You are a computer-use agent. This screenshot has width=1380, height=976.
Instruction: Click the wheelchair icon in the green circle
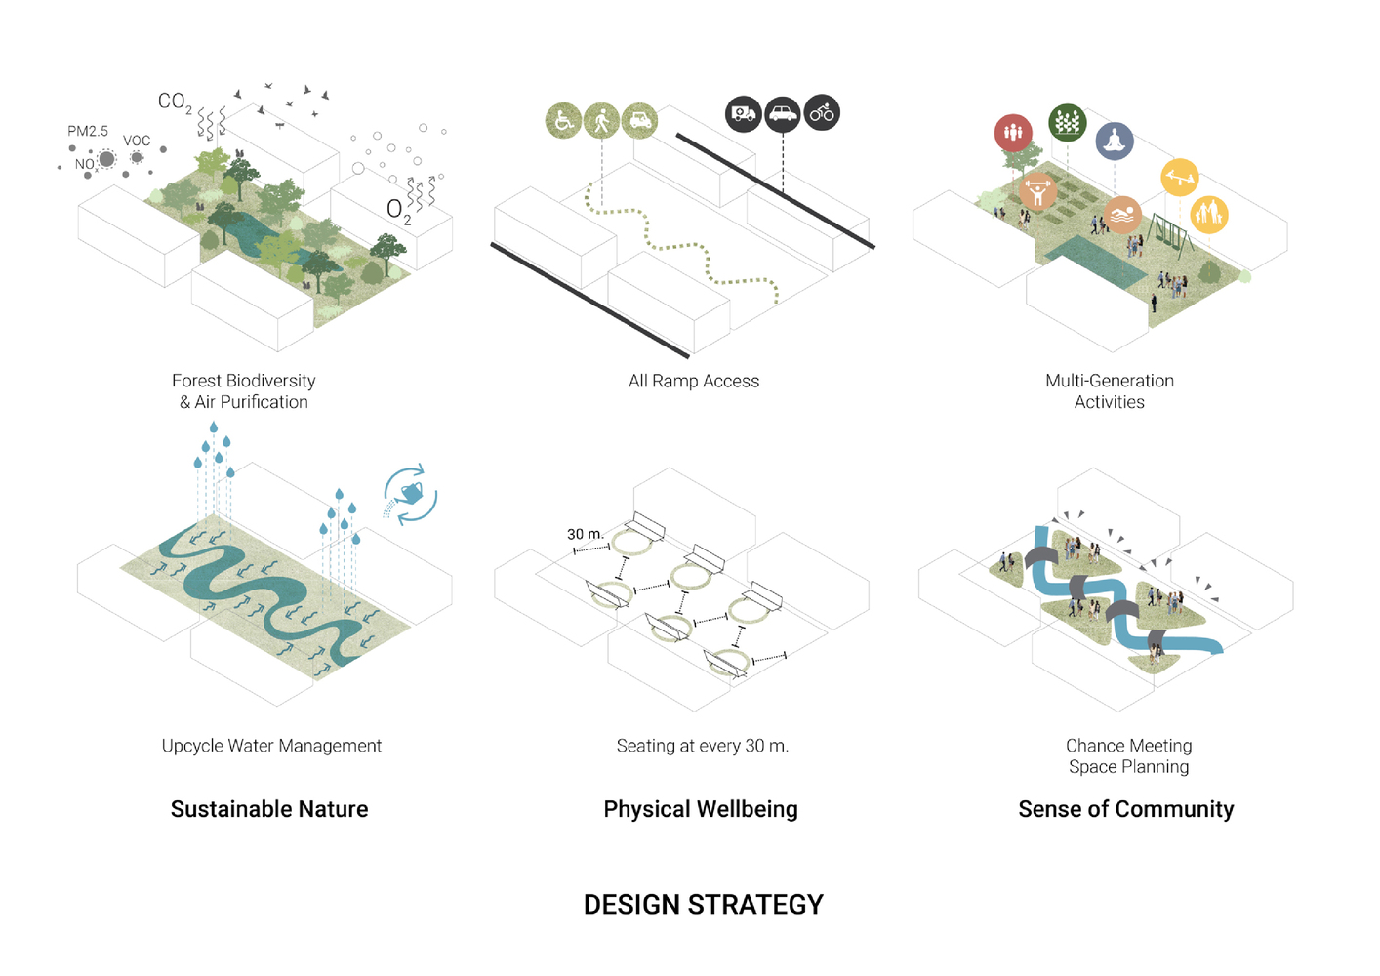(x=563, y=120)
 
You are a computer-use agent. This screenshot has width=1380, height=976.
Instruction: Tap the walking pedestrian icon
(x=601, y=120)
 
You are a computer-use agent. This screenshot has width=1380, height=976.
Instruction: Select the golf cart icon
(x=639, y=120)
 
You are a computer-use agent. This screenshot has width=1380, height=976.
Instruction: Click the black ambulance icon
(x=744, y=113)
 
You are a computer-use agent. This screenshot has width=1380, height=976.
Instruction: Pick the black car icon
(x=783, y=113)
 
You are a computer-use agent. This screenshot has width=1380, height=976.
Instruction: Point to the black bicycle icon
(x=822, y=113)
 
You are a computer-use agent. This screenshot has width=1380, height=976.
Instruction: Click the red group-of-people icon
(x=1013, y=133)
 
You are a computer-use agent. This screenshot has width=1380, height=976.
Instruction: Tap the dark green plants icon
(x=1067, y=123)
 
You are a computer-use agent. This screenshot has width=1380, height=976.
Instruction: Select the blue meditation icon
(x=1115, y=142)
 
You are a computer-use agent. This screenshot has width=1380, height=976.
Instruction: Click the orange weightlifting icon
(x=1038, y=191)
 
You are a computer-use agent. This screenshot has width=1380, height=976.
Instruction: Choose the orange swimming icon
(x=1122, y=215)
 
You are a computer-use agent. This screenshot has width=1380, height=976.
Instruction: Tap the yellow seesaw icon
(x=1180, y=178)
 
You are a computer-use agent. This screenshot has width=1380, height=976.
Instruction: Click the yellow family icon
(x=1209, y=215)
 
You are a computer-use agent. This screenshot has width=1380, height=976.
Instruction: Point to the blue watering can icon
(x=411, y=494)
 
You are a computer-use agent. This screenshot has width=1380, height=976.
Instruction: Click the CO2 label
(x=175, y=102)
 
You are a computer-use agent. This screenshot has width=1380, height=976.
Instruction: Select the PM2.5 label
(x=88, y=131)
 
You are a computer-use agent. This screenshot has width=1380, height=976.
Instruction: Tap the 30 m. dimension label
(x=586, y=534)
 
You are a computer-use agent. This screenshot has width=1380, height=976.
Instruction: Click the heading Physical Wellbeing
(x=701, y=809)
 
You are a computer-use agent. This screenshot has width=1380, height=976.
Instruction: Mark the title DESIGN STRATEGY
(x=703, y=905)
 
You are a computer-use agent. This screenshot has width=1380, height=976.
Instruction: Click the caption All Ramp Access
(x=694, y=381)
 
